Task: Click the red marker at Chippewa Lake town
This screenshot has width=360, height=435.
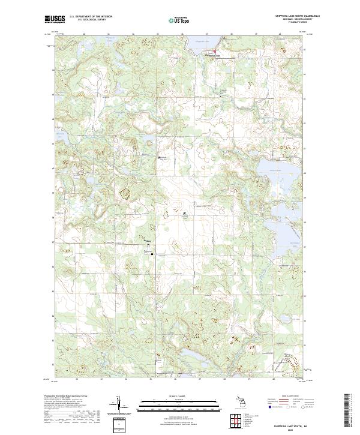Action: coord(215,52)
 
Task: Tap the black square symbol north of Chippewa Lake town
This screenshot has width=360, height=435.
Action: coord(224,38)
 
